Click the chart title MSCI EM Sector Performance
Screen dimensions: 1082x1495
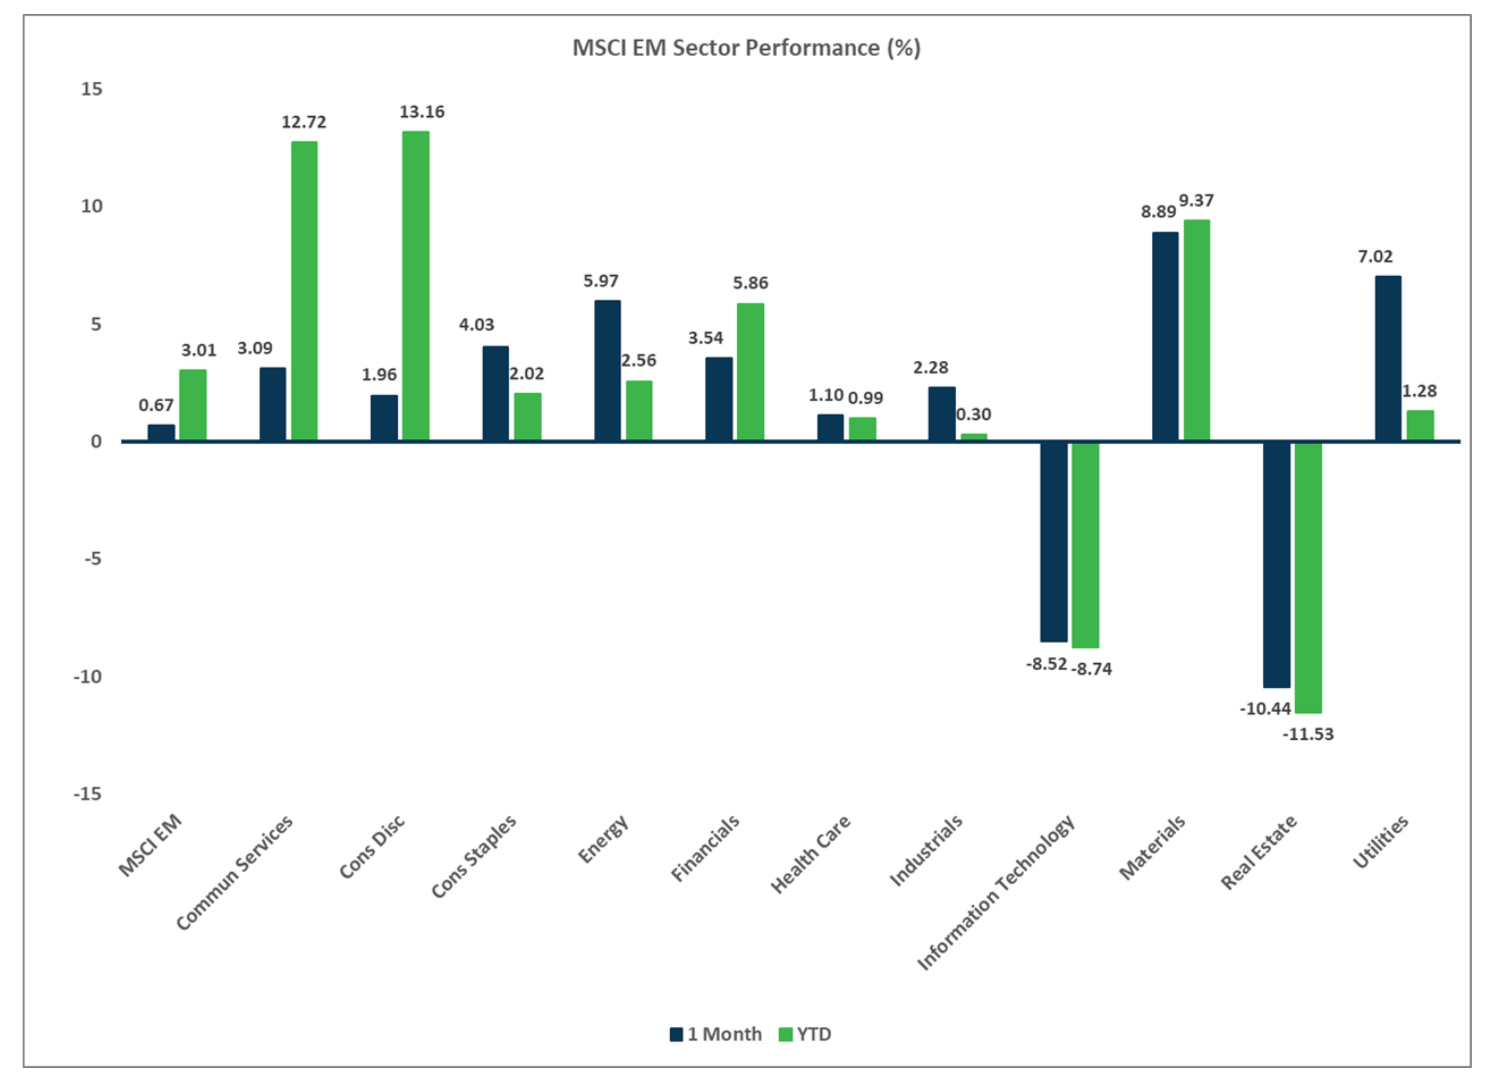click(746, 48)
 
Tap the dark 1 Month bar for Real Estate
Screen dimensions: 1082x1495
click(1276, 564)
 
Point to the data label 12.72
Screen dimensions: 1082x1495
click(304, 123)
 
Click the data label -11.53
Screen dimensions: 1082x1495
click(1308, 734)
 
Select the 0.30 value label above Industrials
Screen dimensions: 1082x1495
click(974, 415)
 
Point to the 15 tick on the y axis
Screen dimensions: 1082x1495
click(92, 89)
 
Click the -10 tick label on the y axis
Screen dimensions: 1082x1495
click(88, 677)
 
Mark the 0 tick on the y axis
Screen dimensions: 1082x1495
click(96, 441)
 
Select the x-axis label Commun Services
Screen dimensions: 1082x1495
click(235, 873)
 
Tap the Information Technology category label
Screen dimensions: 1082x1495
click(997, 892)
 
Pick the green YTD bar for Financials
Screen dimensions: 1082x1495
click(750, 372)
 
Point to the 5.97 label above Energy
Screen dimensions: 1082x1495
click(600, 281)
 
